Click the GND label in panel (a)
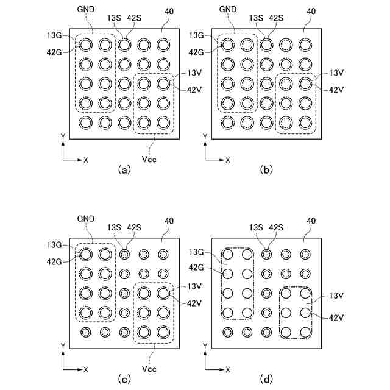(x=86, y=11)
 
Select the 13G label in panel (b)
(x=196, y=35)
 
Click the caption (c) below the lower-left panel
(x=124, y=380)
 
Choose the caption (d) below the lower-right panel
(x=266, y=380)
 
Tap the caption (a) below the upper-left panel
(x=124, y=170)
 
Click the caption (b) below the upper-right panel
(x=266, y=170)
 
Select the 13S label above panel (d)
(x=256, y=228)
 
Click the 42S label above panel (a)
(x=134, y=18)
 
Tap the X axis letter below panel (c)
(x=86, y=369)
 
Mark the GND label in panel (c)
(x=86, y=218)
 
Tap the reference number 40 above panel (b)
(x=310, y=11)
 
